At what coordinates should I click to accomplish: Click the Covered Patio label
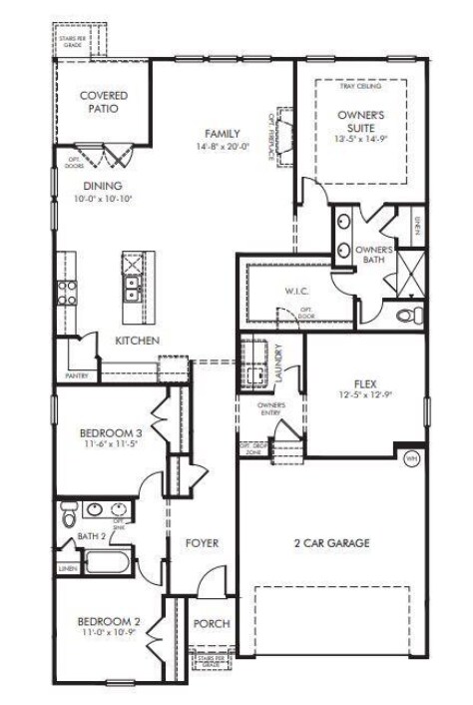pos(103,102)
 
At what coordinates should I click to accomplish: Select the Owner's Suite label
pos(361,122)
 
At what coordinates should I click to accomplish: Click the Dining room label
pos(103,186)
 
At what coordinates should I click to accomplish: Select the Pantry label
pos(77,375)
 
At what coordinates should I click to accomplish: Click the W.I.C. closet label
pos(296,291)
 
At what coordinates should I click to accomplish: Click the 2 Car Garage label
pos(331,543)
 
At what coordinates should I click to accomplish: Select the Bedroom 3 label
pos(111,433)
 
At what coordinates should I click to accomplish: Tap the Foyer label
pos(202,543)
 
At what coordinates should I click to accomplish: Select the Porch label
pos(211,624)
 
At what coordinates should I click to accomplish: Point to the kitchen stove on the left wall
pos(68,292)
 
